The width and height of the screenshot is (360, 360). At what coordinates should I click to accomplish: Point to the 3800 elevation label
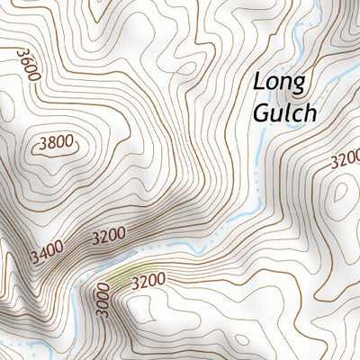pos(55,141)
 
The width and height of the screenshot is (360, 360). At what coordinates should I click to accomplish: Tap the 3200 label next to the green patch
pos(149,281)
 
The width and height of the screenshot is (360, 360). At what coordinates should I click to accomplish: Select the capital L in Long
pos(259,82)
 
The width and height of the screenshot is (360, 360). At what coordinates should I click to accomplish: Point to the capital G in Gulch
pos(260,114)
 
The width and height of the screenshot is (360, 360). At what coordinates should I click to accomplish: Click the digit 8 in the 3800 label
pos(49,141)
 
